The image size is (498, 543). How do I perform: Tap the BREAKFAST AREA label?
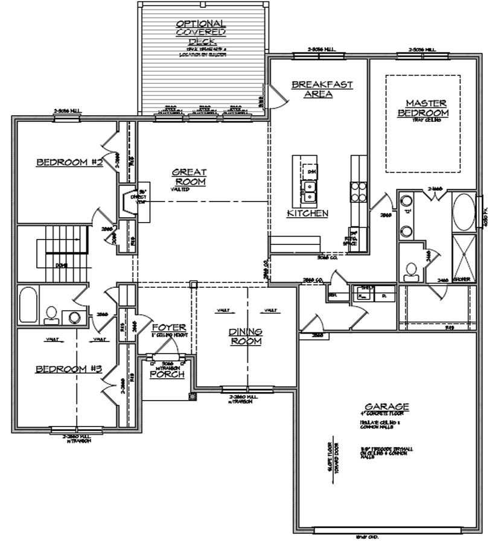click(x=322, y=89)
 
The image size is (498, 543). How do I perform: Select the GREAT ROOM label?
click(x=190, y=177)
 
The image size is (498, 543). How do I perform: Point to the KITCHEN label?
click(x=307, y=214)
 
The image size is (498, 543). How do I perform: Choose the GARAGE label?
click(x=387, y=406)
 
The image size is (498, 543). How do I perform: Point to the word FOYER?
click(x=165, y=326)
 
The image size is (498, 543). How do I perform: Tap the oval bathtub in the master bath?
click(x=464, y=211)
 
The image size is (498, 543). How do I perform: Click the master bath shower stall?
click(x=464, y=258)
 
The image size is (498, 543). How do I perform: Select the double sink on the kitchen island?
click(x=311, y=191)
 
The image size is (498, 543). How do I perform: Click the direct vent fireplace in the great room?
click(x=129, y=202)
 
